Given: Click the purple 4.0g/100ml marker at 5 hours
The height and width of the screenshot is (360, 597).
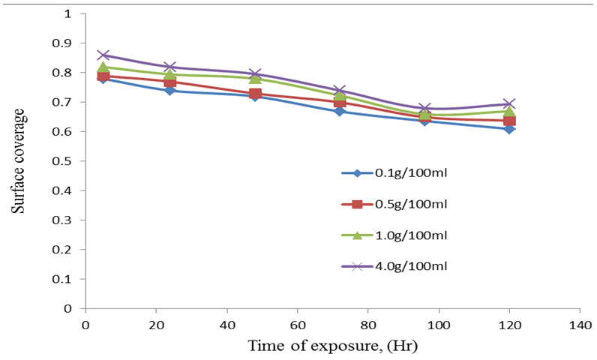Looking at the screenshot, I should (x=104, y=55).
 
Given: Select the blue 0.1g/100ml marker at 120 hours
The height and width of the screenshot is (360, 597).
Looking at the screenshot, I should (x=510, y=129).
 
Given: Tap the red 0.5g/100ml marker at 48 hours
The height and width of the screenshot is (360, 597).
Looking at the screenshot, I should (x=256, y=94).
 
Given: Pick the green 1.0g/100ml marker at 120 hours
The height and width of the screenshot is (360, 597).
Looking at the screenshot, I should (x=510, y=112).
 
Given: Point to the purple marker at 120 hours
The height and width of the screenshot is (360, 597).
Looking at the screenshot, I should (x=510, y=104).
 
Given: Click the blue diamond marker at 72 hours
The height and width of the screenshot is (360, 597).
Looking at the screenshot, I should (x=340, y=111).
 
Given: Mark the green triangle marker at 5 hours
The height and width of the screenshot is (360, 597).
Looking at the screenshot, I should (x=104, y=67).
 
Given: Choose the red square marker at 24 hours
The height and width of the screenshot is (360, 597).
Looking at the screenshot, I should (x=171, y=82).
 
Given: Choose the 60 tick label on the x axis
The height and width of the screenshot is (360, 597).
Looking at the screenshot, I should (x=298, y=325).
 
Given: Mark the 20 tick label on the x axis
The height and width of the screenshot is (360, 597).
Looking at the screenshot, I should (x=157, y=325).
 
